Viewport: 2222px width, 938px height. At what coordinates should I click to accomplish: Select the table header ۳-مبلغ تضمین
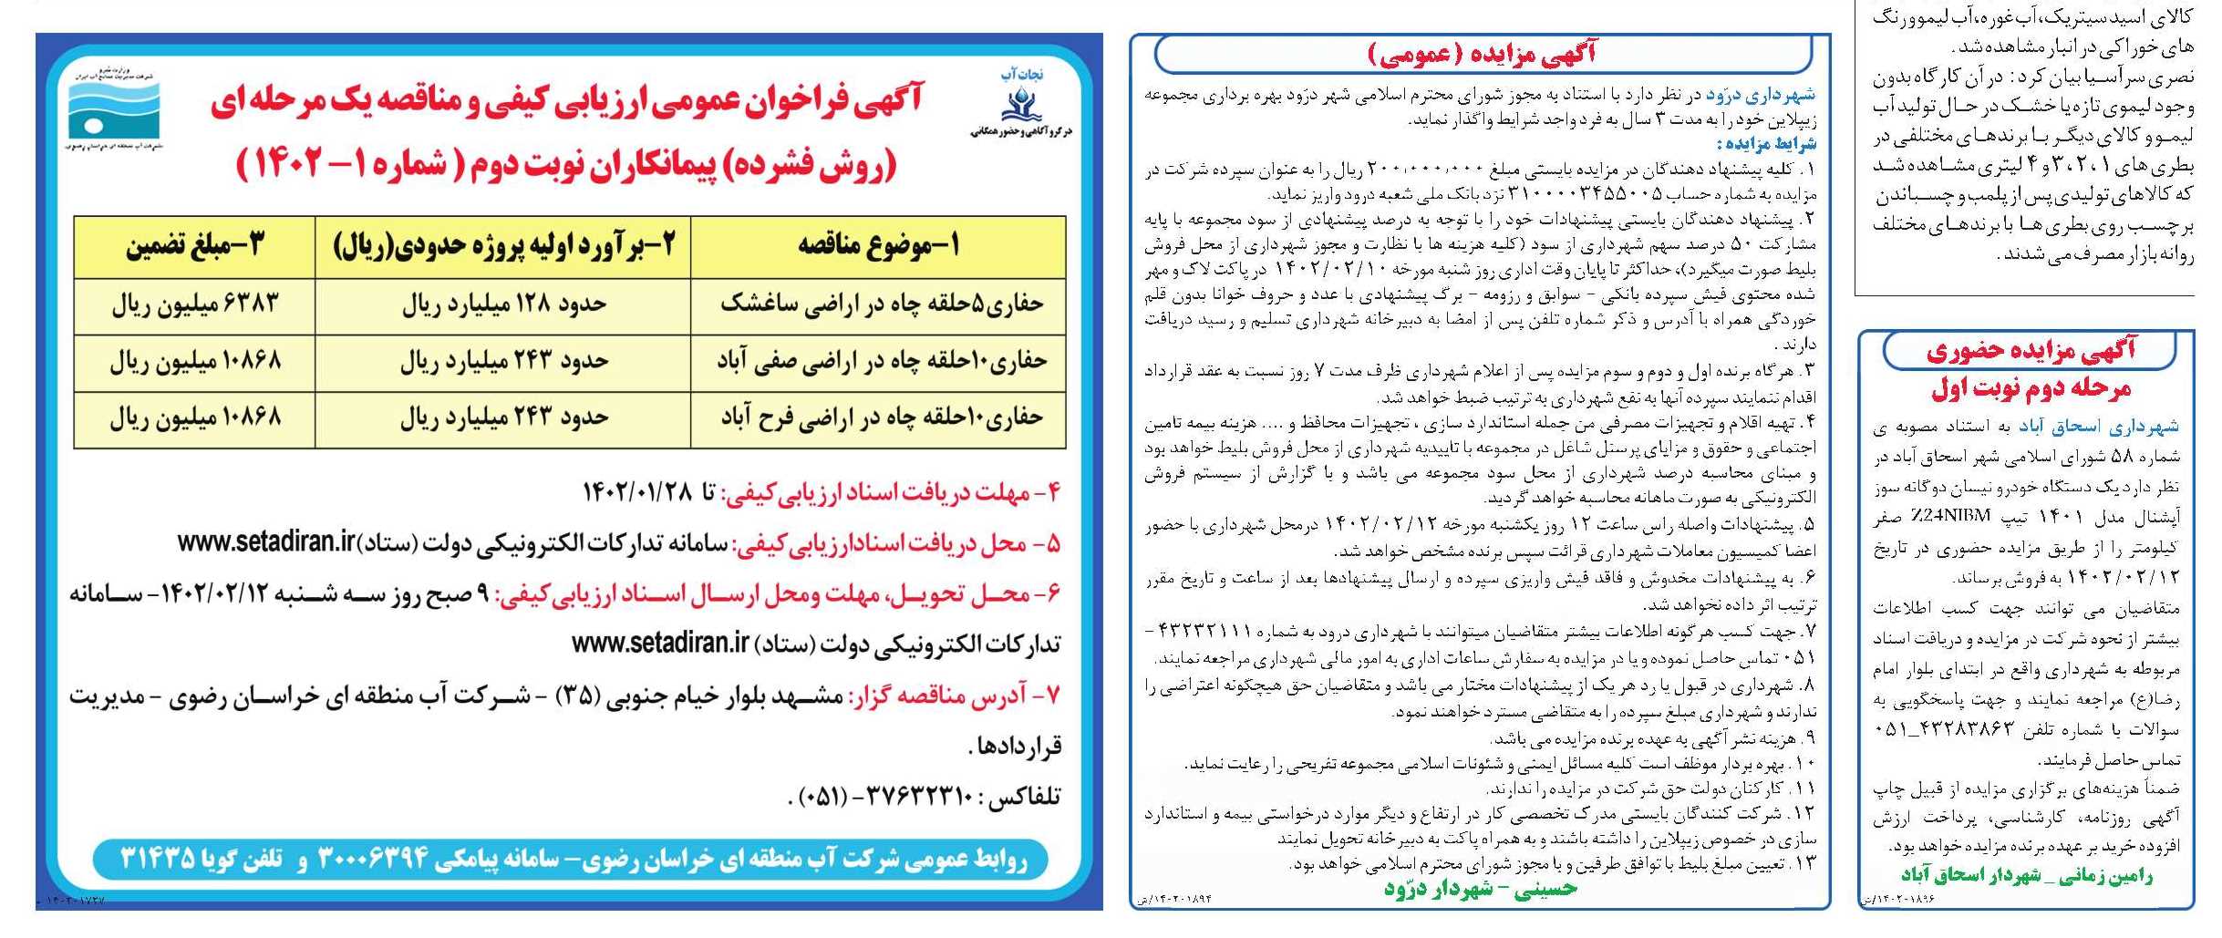pos(194,246)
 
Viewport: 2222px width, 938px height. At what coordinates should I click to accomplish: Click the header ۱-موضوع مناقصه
pos(878,246)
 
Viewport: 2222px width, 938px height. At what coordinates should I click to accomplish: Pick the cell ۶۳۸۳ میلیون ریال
pos(194,304)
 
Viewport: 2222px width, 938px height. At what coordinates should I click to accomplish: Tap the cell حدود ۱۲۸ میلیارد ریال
pos(503,304)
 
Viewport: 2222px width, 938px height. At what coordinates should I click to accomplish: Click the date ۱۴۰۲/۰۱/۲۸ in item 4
pos(637,493)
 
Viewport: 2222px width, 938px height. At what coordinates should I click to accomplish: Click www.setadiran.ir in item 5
pos(265,542)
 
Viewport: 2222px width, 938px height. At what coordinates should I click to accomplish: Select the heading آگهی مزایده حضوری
pos(2031,350)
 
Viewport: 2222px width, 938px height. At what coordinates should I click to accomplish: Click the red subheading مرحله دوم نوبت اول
pos(2031,389)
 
